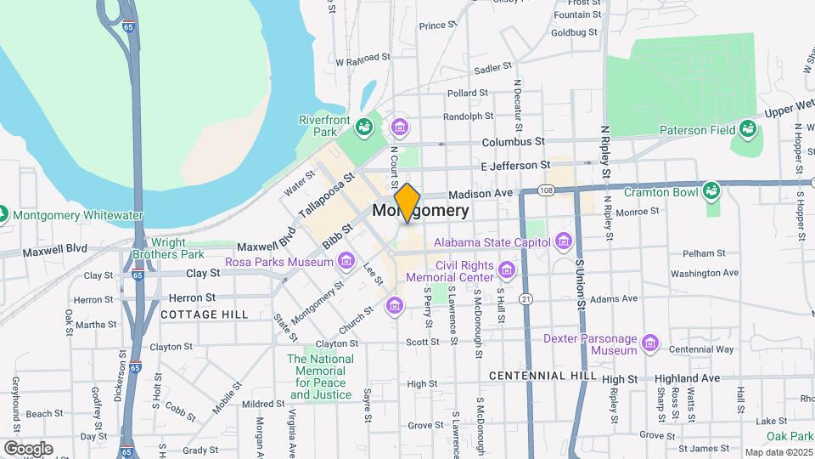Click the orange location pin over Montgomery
pyautogui.click(x=407, y=202)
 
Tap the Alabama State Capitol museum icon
pyautogui.click(x=563, y=242)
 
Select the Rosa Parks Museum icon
pyautogui.click(x=345, y=262)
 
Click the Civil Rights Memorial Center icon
pyautogui.click(x=507, y=270)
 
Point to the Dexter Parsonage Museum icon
pyautogui.click(x=650, y=343)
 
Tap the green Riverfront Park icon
pyautogui.click(x=364, y=127)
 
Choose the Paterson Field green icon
pyautogui.click(x=748, y=129)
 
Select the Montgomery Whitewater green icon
pyautogui.click(x=3, y=215)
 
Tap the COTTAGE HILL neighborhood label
pyautogui.click(x=205, y=314)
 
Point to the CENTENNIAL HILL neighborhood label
pyautogui.click(x=539, y=375)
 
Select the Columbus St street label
pyautogui.click(x=513, y=142)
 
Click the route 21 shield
pyautogui.click(x=526, y=299)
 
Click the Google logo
pyautogui.click(x=28, y=448)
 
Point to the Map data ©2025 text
pyautogui.click(x=778, y=452)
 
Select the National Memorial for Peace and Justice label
pyautogui.click(x=320, y=377)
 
